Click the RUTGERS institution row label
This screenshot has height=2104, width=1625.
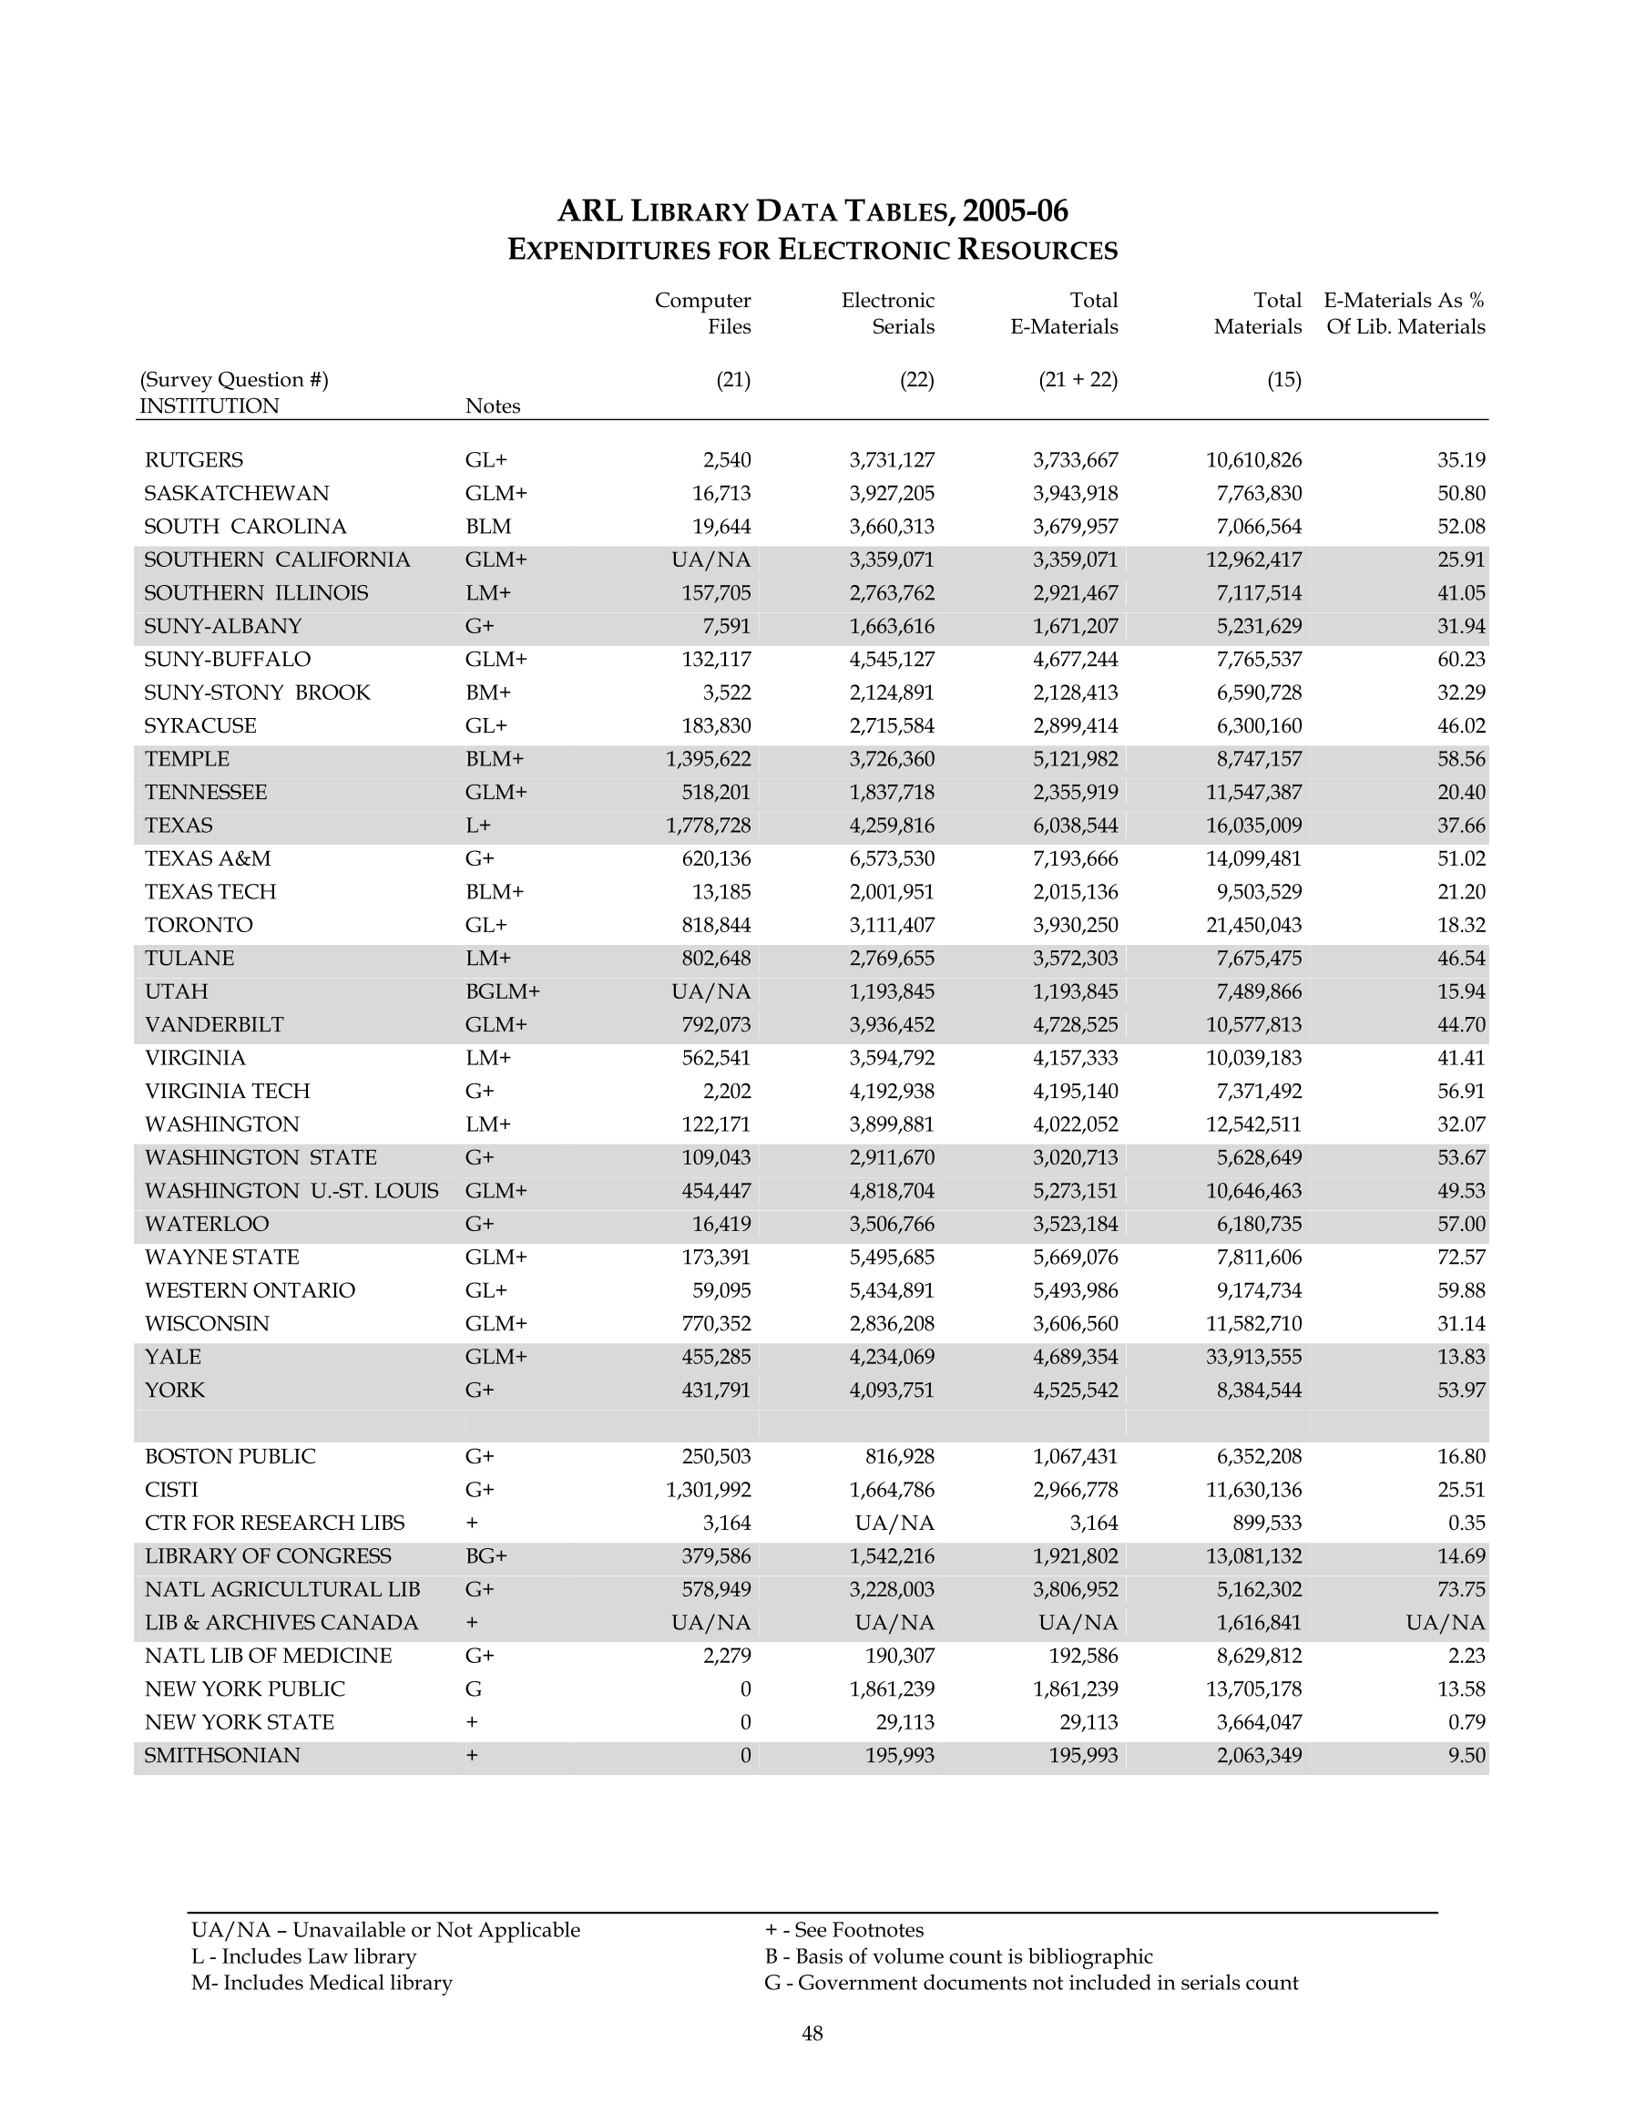pyautogui.click(x=194, y=460)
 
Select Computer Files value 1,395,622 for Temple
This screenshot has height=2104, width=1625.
pyautogui.click(x=708, y=759)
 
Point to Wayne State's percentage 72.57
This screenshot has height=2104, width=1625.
pyautogui.click(x=1461, y=1257)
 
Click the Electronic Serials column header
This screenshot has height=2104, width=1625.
pyautogui.click(x=887, y=313)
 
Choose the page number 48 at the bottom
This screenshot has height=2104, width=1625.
pyautogui.click(x=812, y=2034)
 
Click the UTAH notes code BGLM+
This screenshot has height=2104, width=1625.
pyautogui.click(x=502, y=991)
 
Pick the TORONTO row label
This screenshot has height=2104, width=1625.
pyautogui.click(x=199, y=925)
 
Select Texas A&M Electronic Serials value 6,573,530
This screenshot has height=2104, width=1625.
pyautogui.click(x=891, y=858)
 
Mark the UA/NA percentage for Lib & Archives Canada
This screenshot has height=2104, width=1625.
pyautogui.click(x=1445, y=1622)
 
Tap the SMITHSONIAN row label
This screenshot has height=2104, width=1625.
pyautogui.click(x=221, y=1755)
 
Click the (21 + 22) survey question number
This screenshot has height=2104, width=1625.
pyautogui.click(x=1078, y=380)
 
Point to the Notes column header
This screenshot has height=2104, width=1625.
pyautogui.click(x=492, y=406)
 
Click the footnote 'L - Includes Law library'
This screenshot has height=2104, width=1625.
pyautogui.click(x=303, y=1955)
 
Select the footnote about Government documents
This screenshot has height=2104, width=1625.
pyautogui.click(x=1031, y=1983)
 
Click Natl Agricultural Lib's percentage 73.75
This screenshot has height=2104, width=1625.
pyautogui.click(x=1461, y=1589)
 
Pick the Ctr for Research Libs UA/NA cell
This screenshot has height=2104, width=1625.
pyautogui.click(x=894, y=1523)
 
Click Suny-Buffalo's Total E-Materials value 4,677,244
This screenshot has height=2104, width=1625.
pyautogui.click(x=1075, y=659)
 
